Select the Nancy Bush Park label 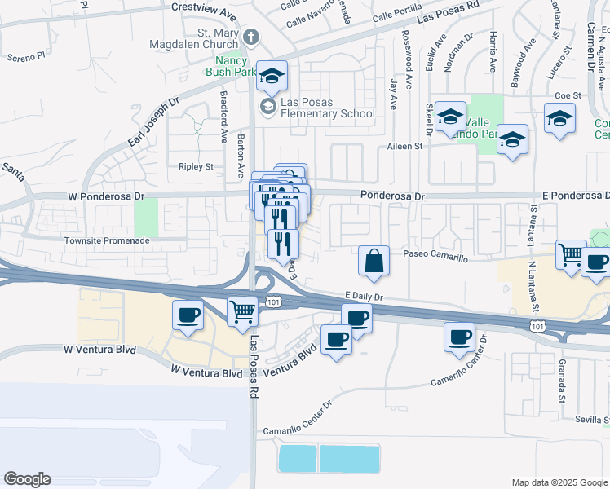click(x=232, y=67)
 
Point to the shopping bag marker click(x=373, y=262)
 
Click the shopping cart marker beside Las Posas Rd click(x=242, y=313)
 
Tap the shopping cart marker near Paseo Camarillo click(x=571, y=254)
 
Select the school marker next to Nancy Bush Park click(x=272, y=77)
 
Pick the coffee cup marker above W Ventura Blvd click(x=188, y=315)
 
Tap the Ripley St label click(x=196, y=166)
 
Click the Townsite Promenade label click(x=108, y=241)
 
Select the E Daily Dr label click(x=364, y=298)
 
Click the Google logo click(x=28, y=479)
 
